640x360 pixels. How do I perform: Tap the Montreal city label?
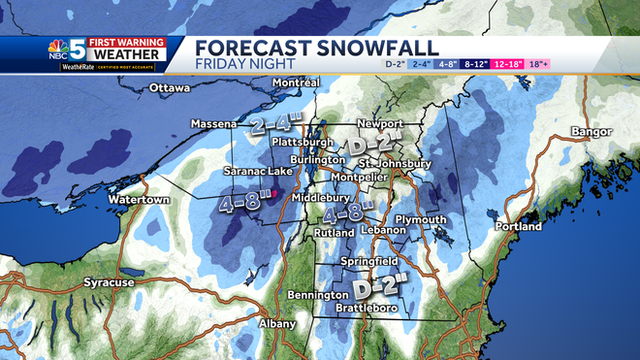[x=297, y=83]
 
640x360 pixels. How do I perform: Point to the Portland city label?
[x=518, y=226]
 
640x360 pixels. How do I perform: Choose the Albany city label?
[x=278, y=323]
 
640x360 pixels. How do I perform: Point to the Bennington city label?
[x=318, y=294]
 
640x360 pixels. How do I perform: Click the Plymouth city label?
[x=421, y=219]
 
